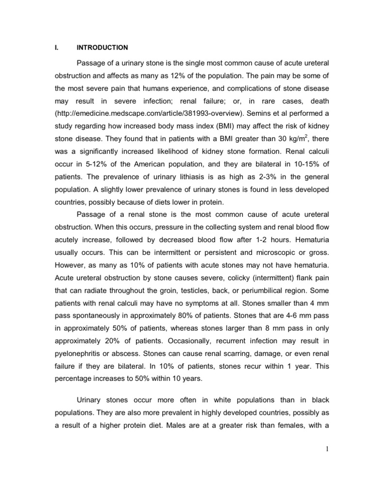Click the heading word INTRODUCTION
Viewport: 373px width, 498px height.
[102, 48]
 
